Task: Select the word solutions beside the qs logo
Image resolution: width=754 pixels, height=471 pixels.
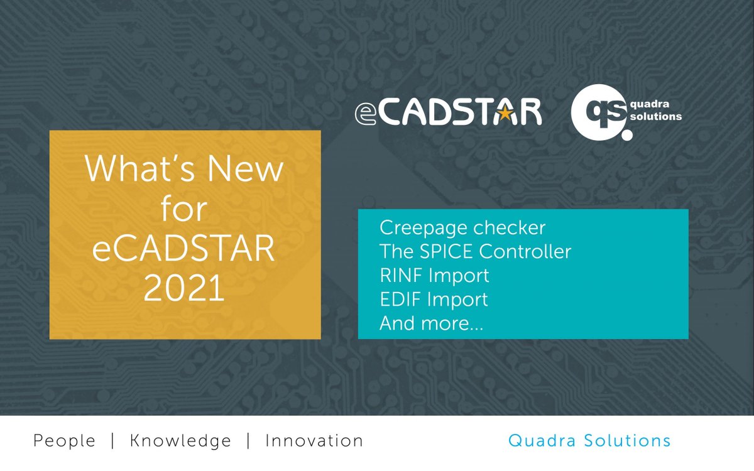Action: pos(655,116)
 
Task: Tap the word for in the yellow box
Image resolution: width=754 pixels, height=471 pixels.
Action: pos(184,208)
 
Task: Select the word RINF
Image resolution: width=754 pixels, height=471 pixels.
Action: pos(400,276)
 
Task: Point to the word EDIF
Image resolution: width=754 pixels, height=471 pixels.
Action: pos(400,300)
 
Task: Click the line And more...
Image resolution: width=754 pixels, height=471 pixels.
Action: pos(431,323)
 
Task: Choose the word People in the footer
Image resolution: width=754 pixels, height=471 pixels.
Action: pos(64,441)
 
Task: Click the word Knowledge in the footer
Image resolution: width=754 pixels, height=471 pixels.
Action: pos(180,441)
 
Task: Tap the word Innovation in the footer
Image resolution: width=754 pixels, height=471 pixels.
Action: pos(314,441)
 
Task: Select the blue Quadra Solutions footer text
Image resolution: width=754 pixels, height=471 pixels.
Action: pos(589,441)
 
